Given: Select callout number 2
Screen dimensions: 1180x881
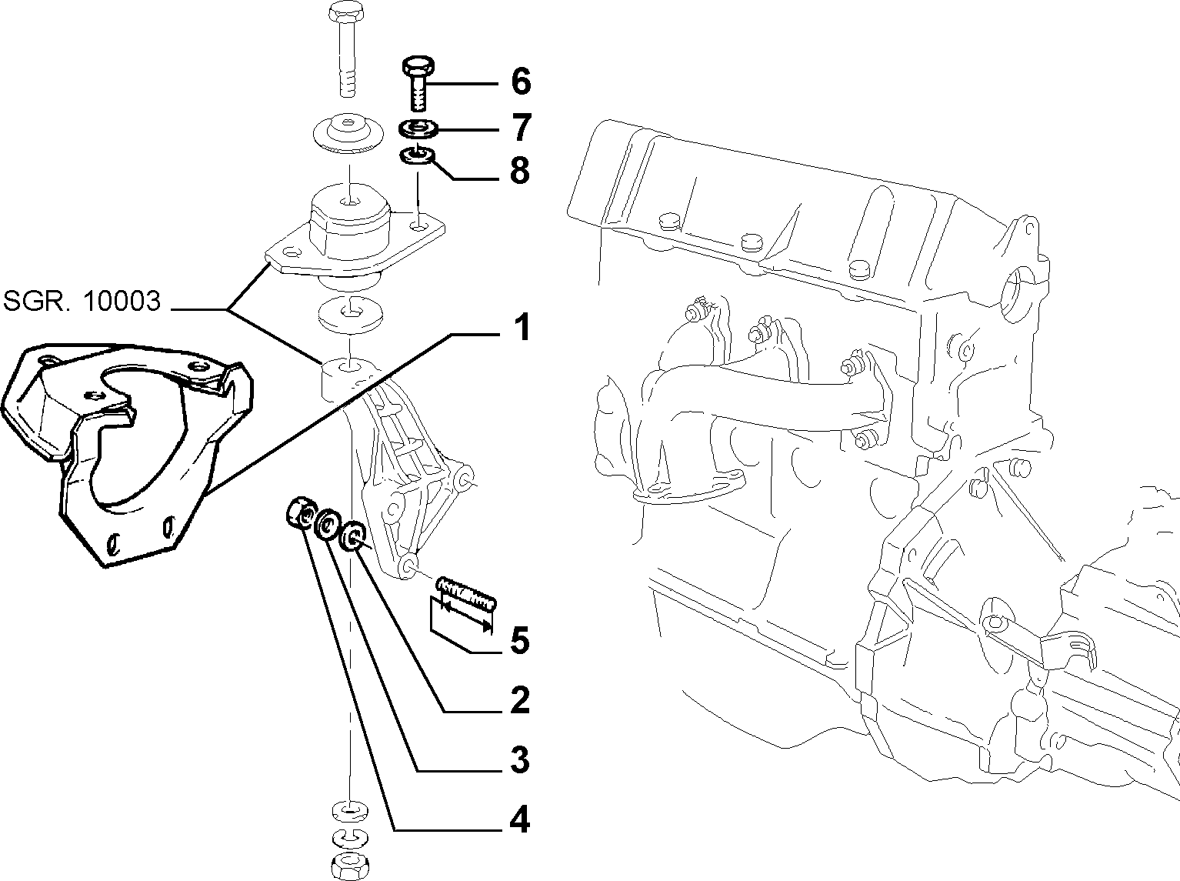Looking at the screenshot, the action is point(520,700).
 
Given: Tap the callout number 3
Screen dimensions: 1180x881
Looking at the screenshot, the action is point(520,760).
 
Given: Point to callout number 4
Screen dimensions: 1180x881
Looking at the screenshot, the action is point(519,820).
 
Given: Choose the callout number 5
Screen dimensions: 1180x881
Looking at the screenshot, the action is point(520,641).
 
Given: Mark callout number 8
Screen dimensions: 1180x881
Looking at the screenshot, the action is point(520,170).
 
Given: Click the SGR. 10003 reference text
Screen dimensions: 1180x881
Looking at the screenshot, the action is point(82,301).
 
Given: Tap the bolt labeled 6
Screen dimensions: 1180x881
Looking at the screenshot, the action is point(418,82).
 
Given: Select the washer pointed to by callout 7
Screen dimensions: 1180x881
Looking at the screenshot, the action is point(418,129).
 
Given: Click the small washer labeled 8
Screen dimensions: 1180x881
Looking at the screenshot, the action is point(418,156).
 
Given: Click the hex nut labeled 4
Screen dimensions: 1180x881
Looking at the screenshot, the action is point(301,513).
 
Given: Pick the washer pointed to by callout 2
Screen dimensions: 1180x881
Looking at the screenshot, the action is point(355,536).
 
